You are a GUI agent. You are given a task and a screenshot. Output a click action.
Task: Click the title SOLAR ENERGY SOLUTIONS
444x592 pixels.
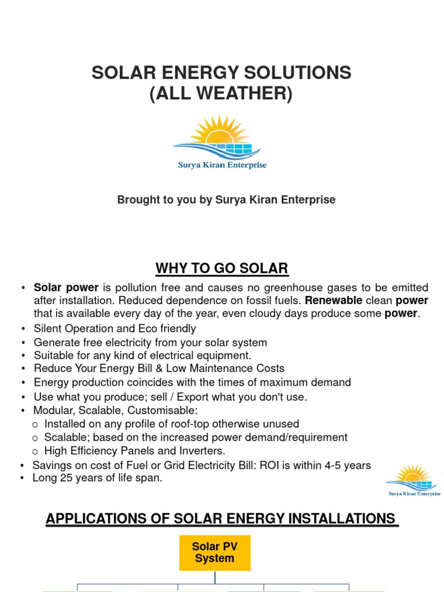point(221,73)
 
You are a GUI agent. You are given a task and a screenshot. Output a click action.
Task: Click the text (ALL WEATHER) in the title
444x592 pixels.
point(221,92)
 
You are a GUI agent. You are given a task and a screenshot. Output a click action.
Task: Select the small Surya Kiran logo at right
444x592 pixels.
point(413,480)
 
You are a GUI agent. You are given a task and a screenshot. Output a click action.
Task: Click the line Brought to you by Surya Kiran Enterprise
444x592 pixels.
point(226,199)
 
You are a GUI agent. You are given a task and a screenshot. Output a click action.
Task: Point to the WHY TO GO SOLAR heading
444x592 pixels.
point(221,268)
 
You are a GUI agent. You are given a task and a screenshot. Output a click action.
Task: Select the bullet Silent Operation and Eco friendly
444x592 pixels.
point(114,328)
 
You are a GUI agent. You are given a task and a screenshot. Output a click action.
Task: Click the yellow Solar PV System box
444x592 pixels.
point(214,553)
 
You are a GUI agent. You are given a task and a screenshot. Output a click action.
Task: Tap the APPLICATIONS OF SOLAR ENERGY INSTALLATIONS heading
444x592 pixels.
point(221,519)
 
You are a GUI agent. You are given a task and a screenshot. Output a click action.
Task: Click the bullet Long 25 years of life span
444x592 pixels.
point(97,478)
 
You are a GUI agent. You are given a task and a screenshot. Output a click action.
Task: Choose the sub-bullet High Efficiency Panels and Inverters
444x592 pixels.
point(135,450)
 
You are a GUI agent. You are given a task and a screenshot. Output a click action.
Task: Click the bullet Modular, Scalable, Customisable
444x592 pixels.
point(116,410)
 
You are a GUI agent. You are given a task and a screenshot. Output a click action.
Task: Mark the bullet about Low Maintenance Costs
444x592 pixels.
point(159,368)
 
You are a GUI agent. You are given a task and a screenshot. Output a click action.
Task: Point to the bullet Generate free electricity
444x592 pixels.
point(150,342)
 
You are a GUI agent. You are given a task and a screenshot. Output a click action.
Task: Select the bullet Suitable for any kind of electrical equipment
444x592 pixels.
point(142,356)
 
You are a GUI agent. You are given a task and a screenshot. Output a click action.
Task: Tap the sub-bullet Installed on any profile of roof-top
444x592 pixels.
point(171,424)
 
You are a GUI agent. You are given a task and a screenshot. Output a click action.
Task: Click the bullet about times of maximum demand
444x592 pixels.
point(192,382)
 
